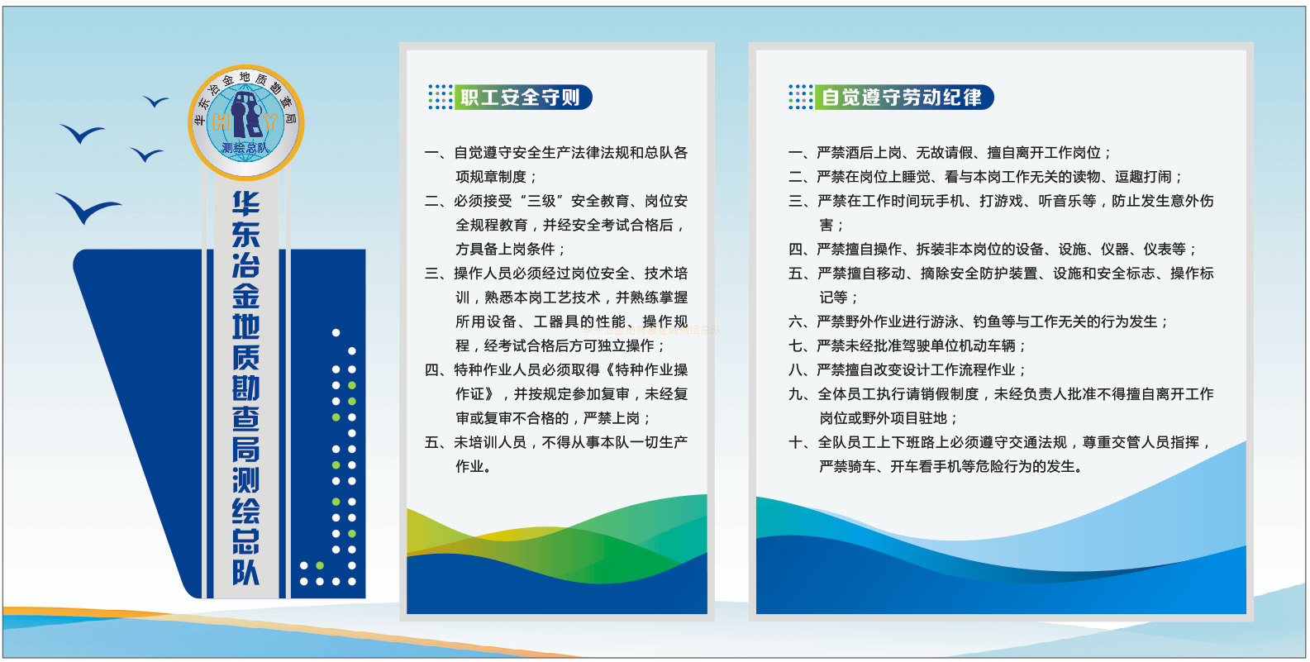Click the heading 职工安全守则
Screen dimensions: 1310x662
point(520,97)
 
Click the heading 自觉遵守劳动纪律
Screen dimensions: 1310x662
point(901,97)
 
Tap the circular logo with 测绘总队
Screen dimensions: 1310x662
point(245,122)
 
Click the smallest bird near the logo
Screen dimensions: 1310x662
point(155,101)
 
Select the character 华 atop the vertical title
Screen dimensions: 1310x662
point(245,204)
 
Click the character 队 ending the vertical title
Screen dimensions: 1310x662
point(245,573)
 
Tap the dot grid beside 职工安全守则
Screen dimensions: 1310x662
point(441,97)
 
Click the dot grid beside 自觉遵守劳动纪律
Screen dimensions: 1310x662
point(801,97)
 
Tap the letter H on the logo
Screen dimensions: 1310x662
point(221,123)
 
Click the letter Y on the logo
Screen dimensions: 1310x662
point(271,123)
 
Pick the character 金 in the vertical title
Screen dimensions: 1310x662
point(245,297)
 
